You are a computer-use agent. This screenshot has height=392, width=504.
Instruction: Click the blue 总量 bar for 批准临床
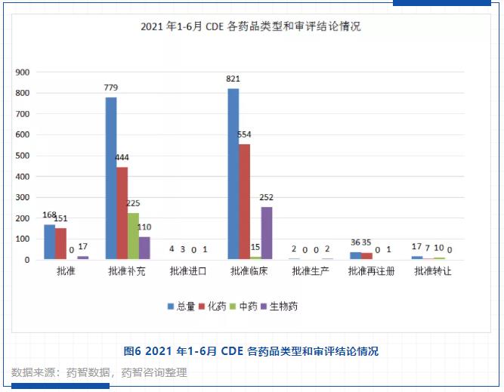click(233, 174)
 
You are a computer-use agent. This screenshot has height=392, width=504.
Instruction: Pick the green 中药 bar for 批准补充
click(133, 236)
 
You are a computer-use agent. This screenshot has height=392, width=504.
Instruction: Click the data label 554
click(244, 134)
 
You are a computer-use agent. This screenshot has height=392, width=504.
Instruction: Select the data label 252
click(267, 197)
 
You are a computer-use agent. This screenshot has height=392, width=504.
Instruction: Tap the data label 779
click(111, 88)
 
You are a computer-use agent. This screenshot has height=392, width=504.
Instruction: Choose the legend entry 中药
click(247, 306)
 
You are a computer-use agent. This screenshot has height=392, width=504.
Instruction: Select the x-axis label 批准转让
click(433, 271)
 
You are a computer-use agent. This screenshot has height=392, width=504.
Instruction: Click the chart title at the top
click(251, 26)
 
